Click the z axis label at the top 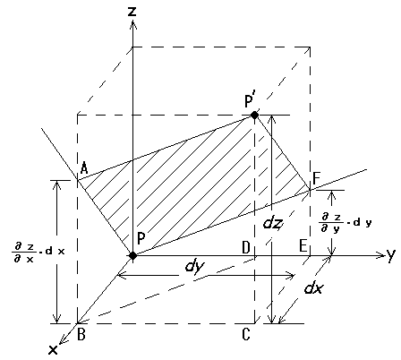click(x=132, y=11)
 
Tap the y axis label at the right click(x=391, y=255)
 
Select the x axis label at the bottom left click(x=53, y=349)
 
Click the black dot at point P click(x=133, y=255)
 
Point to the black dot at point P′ click(x=254, y=115)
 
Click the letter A click(x=84, y=169)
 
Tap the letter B click(x=81, y=335)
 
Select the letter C click(x=246, y=335)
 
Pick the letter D click(x=246, y=247)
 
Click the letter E click(x=303, y=247)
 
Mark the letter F click(x=316, y=179)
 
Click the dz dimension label click(x=273, y=223)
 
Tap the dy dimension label click(x=194, y=266)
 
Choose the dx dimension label click(x=313, y=288)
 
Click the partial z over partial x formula click(x=38, y=252)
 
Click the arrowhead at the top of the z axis click(x=132, y=24)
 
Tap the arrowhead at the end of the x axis click(x=63, y=339)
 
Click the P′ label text click(x=249, y=101)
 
